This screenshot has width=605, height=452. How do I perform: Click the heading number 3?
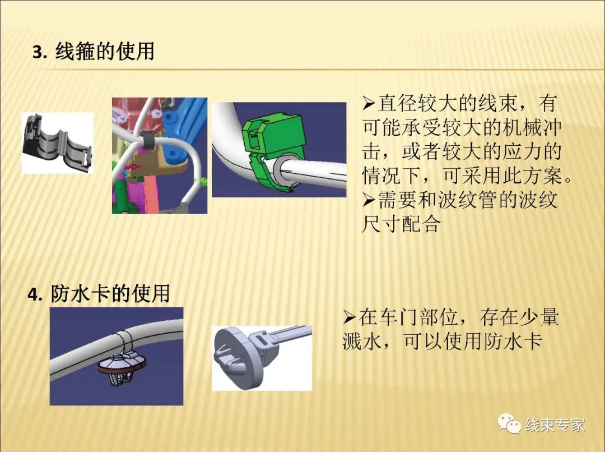pyautogui.click(x=39, y=52)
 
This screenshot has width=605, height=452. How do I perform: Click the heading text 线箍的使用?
pyautogui.click(x=105, y=52)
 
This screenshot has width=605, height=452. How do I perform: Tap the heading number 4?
pyautogui.click(x=35, y=294)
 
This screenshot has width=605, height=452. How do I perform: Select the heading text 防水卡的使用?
pyautogui.click(x=110, y=294)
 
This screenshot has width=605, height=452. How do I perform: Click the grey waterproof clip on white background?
pyautogui.click(x=261, y=358)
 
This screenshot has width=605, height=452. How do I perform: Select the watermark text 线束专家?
pyautogui.click(x=555, y=425)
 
